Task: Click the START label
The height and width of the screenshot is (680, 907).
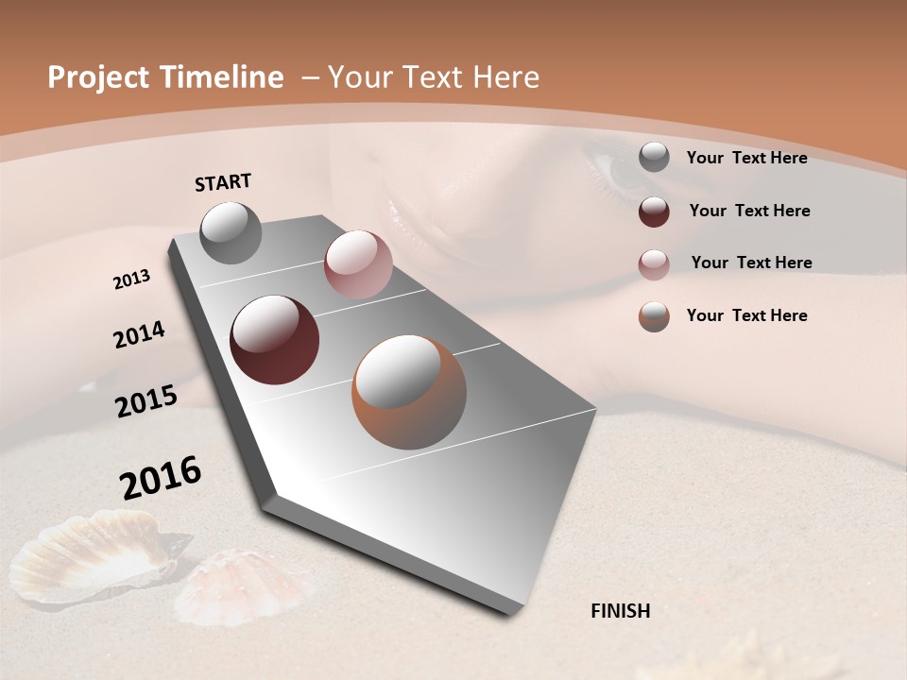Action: tap(223, 182)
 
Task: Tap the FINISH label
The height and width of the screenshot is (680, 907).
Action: tap(621, 611)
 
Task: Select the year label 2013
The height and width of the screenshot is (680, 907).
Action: tap(132, 279)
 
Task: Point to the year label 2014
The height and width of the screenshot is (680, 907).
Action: tap(139, 334)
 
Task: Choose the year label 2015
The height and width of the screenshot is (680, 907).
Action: tap(146, 401)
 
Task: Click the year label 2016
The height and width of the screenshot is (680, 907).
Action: tap(161, 477)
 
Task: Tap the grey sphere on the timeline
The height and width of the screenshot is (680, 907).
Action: tap(231, 232)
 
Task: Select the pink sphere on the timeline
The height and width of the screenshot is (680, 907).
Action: tap(358, 263)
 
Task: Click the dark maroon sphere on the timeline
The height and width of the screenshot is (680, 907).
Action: tap(275, 340)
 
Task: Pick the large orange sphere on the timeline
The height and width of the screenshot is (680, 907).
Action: tap(409, 392)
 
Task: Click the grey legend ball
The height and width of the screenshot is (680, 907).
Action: tap(654, 158)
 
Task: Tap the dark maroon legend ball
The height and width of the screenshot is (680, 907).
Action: tap(654, 212)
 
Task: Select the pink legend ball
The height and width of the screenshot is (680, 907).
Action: tap(654, 264)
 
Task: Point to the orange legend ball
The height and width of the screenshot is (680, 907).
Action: tap(654, 316)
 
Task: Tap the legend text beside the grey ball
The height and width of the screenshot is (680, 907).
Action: tap(746, 158)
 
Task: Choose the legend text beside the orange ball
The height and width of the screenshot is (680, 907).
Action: tap(746, 315)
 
